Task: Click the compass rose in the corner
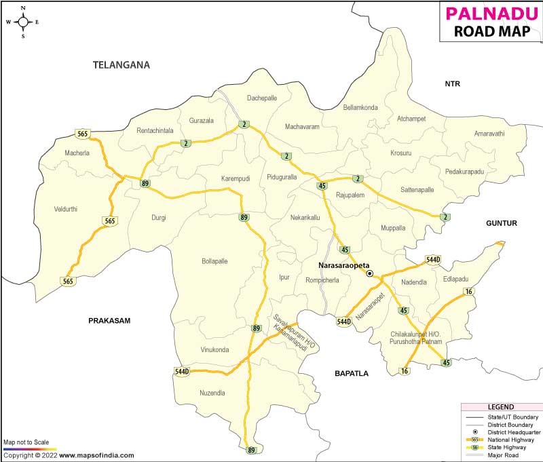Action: click(23, 21)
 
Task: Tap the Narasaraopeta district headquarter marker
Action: click(370, 273)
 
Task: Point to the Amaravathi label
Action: click(489, 134)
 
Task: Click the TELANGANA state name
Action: click(121, 65)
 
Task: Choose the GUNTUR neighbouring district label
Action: click(501, 223)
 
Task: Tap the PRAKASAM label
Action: click(109, 320)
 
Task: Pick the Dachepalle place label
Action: click(262, 98)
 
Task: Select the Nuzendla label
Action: click(212, 393)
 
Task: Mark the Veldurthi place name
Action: click(66, 209)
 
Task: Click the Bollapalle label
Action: click(214, 261)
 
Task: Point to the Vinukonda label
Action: click(214, 350)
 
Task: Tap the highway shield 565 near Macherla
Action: click(83, 134)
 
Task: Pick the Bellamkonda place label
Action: click(360, 107)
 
